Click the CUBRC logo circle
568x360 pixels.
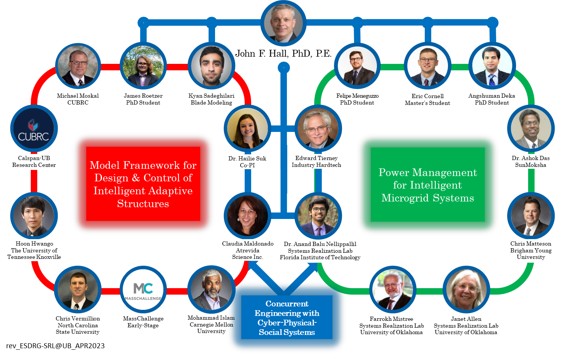[34, 129]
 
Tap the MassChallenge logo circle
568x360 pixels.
[143, 290]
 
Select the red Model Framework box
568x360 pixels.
[143, 184]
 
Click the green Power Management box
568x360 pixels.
[428, 185]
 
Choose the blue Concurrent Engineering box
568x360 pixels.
[287, 317]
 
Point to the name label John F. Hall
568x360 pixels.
[283, 54]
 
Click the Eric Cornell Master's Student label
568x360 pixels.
[427, 100]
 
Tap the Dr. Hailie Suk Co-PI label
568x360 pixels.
[247, 162]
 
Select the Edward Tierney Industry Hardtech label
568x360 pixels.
[316, 162]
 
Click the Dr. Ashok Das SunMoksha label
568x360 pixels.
[531, 162]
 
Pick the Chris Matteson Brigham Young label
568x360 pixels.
[531, 251]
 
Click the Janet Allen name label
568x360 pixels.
[466, 325]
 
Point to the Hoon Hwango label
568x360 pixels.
[34, 250]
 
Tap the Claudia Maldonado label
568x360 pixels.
[248, 250]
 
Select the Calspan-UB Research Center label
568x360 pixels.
[34, 162]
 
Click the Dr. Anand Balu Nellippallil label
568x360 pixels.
[320, 251]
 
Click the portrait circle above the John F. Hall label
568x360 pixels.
[283, 23]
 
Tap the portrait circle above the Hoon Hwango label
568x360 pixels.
[34, 216]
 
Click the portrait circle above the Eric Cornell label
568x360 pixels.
[427, 66]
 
